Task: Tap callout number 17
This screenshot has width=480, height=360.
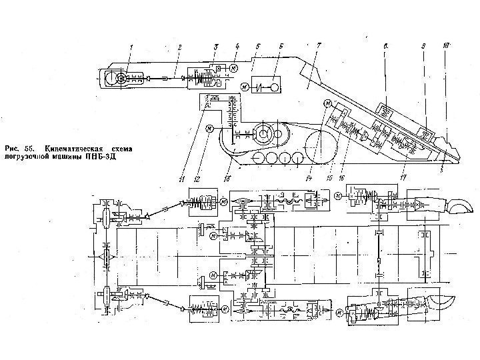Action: point(402,177)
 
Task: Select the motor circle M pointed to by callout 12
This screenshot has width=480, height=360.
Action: point(209,128)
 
